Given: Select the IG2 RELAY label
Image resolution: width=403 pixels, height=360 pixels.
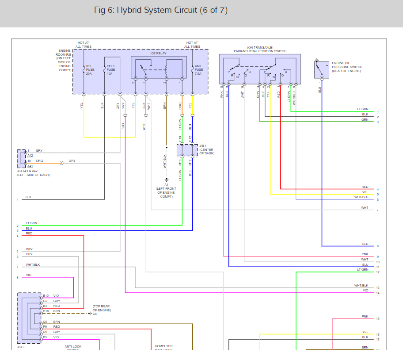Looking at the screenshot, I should click(x=158, y=53).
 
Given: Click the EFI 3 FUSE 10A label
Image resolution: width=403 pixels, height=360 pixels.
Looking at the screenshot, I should click(x=110, y=69).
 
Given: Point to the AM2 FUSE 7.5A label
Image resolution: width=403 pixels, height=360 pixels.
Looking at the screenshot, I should click(x=199, y=69).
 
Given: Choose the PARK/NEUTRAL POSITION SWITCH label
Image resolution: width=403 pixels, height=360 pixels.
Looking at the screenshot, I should click(x=260, y=50).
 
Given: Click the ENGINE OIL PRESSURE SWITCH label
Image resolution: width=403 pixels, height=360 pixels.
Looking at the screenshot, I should click(x=346, y=67).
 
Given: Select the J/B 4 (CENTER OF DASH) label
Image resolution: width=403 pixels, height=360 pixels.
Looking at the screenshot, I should click(x=206, y=149).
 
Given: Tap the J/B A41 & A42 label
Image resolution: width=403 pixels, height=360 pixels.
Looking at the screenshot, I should click(x=33, y=172).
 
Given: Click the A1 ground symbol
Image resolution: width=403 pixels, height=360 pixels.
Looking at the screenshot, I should click(x=167, y=180).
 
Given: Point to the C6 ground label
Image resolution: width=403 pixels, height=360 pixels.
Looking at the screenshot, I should click(x=95, y=314).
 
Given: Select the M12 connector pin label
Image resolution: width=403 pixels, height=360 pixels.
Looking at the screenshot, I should click(x=191, y=162).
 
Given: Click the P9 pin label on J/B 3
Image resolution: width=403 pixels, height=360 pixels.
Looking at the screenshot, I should click(x=45, y=327).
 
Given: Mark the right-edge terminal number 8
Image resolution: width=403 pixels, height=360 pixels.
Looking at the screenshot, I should click(x=378, y=246).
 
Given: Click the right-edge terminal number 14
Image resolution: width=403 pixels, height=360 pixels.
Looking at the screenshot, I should click(x=378, y=293).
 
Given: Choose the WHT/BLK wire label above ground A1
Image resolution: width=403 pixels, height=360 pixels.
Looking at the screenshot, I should click(x=165, y=161).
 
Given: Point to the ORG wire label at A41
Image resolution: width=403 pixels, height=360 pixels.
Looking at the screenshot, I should click(x=39, y=161).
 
